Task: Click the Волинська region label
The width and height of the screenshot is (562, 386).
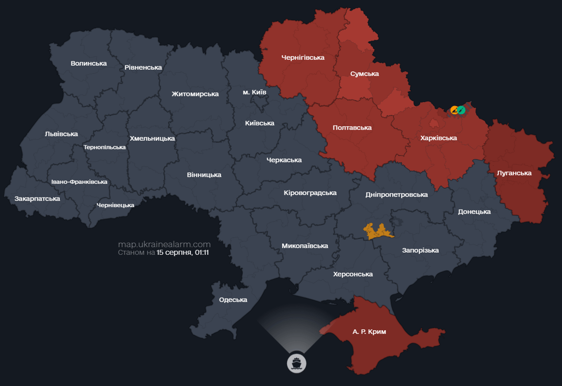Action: pos(88,63)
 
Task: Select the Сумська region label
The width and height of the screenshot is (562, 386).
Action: pos(364,74)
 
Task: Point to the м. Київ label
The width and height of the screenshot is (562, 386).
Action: pos(254,92)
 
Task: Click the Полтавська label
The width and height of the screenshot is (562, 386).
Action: pos(352,128)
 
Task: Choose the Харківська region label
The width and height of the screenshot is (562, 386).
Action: pos(439,138)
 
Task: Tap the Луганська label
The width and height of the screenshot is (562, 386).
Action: pos(514,173)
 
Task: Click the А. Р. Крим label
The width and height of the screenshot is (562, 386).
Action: pos(369,332)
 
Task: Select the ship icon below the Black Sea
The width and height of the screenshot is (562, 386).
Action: pos(297,363)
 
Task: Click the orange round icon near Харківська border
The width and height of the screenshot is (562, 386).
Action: pos(454,110)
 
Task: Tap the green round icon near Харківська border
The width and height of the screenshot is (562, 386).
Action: pos(461,110)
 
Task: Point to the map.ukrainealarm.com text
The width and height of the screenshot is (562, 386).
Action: pos(164,244)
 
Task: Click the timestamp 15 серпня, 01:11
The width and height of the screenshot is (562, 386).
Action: pos(182,252)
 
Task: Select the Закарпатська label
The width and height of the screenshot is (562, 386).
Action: pos(37,199)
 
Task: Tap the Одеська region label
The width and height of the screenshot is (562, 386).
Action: pos(233,300)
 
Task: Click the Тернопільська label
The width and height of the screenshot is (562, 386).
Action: pos(105,147)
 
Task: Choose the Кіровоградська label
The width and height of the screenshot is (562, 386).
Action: pos(310,192)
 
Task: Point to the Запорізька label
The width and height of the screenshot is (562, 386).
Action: pos(420,250)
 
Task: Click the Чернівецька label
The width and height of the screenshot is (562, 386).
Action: pos(115,205)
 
